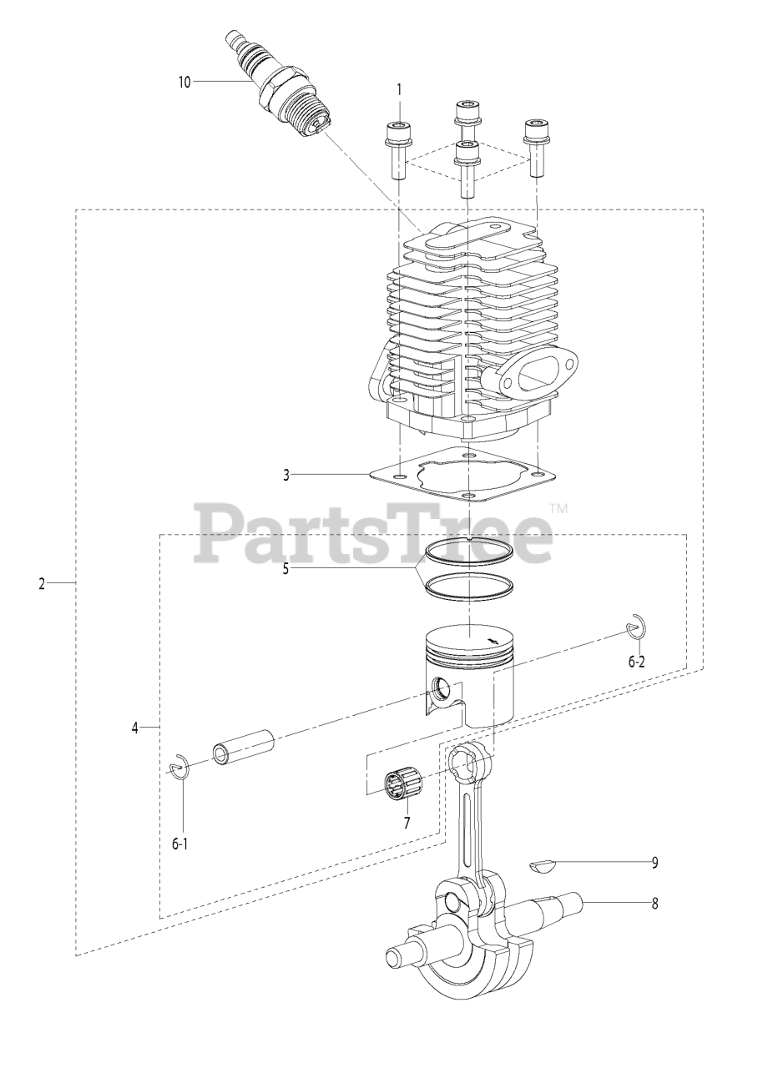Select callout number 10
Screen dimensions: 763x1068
[184, 82]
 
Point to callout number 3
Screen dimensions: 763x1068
[286, 476]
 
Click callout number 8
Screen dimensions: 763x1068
[654, 903]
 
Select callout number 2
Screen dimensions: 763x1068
[41, 583]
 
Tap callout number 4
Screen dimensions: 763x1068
[134, 728]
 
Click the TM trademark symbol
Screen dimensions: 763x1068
[558, 506]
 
